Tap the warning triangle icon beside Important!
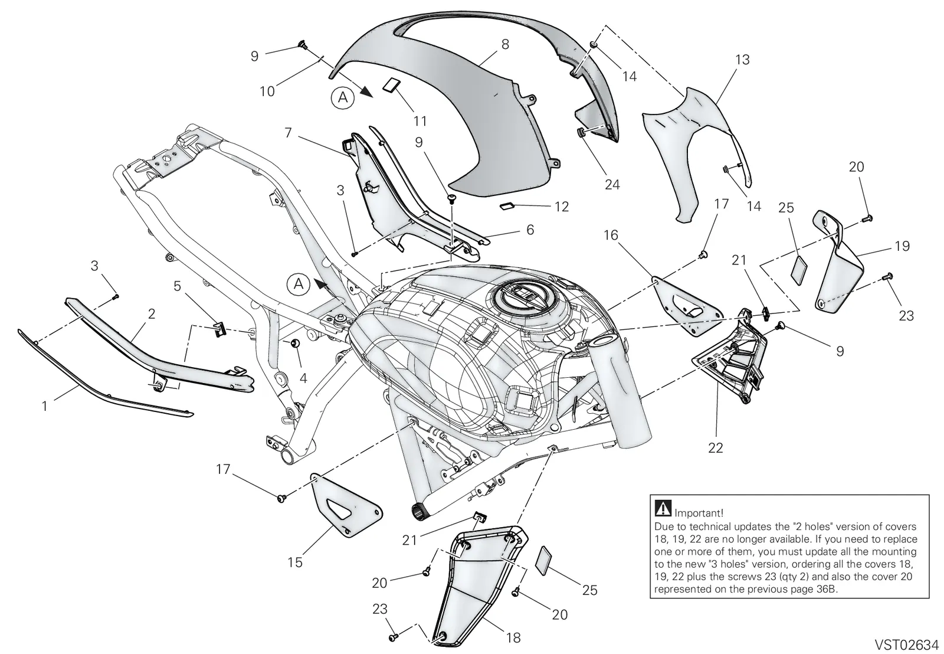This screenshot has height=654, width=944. click(663, 508)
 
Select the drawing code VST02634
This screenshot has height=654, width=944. click(907, 644)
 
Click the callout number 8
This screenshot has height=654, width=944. click(505, 45)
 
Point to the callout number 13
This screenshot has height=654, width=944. click(742, 60)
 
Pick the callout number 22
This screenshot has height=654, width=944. click(716, 447)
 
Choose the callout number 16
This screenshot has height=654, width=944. click(611, 235)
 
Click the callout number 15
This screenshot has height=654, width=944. click(295, 562)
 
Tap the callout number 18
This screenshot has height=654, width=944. click(513, 637)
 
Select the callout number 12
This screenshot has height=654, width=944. click(561, 207)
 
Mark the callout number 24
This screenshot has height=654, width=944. click(612, 184)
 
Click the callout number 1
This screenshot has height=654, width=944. click(45, 406)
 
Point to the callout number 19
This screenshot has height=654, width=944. click(902, 246)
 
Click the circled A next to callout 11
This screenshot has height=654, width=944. click(343, 98)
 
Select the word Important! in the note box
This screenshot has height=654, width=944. click(699, 513)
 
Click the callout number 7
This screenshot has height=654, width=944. click(289, 133)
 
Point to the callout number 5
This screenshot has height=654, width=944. click(178, 286)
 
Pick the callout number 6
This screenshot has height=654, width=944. click(530, 230)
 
